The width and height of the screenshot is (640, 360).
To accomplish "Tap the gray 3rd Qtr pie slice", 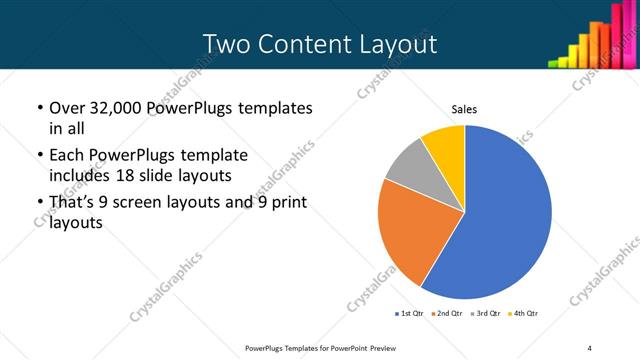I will [408, 168].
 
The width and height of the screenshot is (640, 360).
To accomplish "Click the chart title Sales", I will [465, 109].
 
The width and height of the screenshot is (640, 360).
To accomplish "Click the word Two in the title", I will [225, 44].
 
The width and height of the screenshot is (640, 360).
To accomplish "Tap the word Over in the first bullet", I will [67, 107].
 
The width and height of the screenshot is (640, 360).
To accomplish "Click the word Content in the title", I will [303, 44].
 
